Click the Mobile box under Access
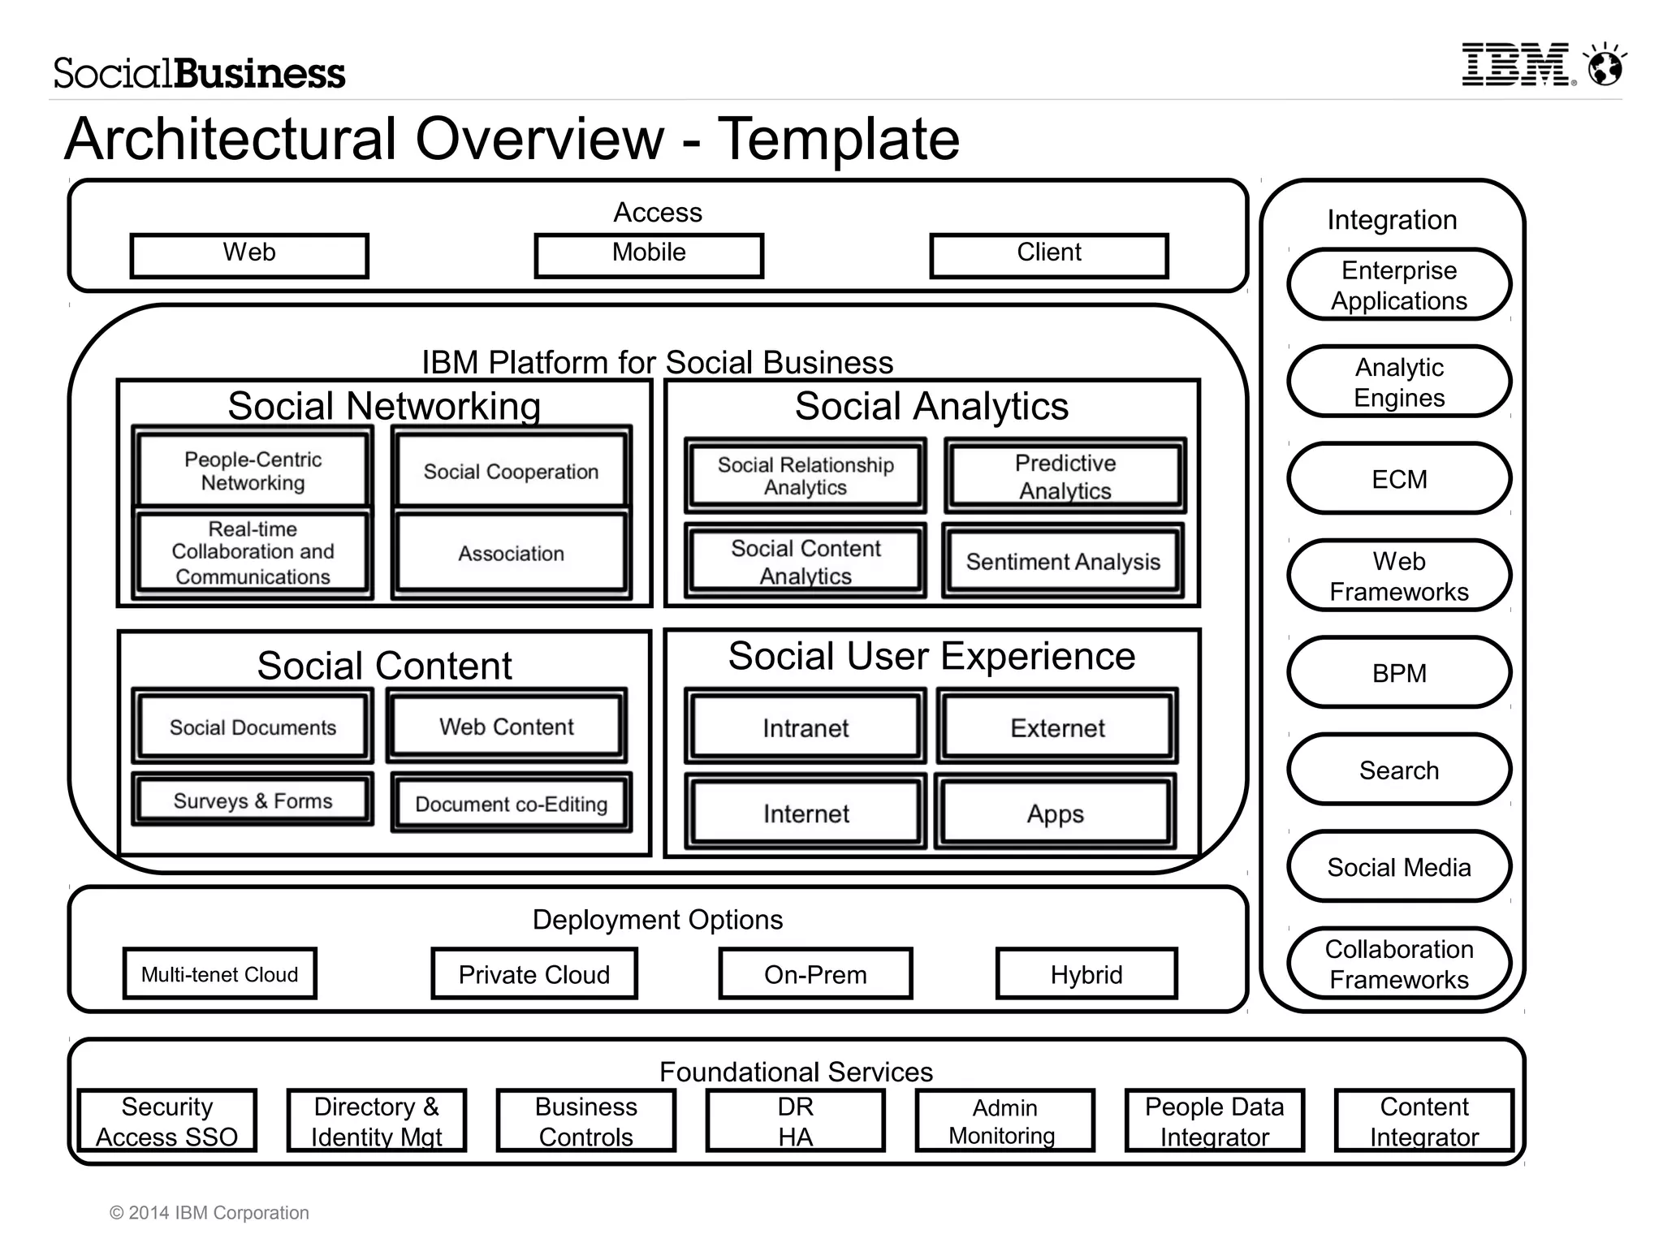click(x=649, y=255)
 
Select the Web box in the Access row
click(x=249, y=255)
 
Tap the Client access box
click(x=1049, y=255)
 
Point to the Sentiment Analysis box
click(x=1064, y=562)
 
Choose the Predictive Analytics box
click(x=1065, y=477)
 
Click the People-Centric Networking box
click(x=253, y=471)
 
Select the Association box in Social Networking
click(x=511, y=554)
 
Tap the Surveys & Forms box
click(x=253, y=801)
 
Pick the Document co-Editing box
click(x=512, y=804)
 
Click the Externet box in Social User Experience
click(x=1057, y=728)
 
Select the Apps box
click(x=1055, y=813)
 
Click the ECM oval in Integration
click(x=1399, y=479)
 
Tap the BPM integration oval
click(x=1399, y=673)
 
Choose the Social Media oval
click(x=1399, y=867)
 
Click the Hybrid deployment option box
click(x=1086, y=974)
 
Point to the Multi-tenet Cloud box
click(x=219, y=974)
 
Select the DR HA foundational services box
click(x=795, y=1121)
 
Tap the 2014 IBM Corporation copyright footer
click(x=209, y=1212)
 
